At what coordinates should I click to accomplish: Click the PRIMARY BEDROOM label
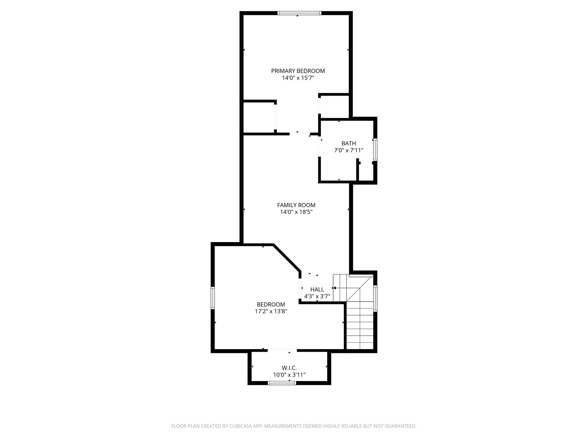tap(298, 71)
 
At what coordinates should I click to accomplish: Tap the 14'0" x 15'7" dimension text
tap(298, 78)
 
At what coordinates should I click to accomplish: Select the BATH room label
tap(348, 143)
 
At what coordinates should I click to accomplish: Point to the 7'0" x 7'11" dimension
tap(348, 150)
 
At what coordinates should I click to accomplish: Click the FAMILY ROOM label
tap(296, 205)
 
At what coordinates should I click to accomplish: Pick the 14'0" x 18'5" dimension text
tap(296, 212)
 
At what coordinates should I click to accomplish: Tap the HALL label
tap(317, 290)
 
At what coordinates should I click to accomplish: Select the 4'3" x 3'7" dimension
tap(317, 296)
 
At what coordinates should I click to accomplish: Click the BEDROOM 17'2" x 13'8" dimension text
tap(271, 311)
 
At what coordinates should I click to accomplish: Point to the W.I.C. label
tap(289, 368)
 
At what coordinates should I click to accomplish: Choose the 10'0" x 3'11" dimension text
tap(289, 375)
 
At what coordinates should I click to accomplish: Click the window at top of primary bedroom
tap(299, 13)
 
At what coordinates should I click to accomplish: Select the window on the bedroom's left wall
tap(213, 298)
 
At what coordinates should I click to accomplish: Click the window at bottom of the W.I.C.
tap(282, 383)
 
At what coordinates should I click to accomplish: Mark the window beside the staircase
tap(375, 298)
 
